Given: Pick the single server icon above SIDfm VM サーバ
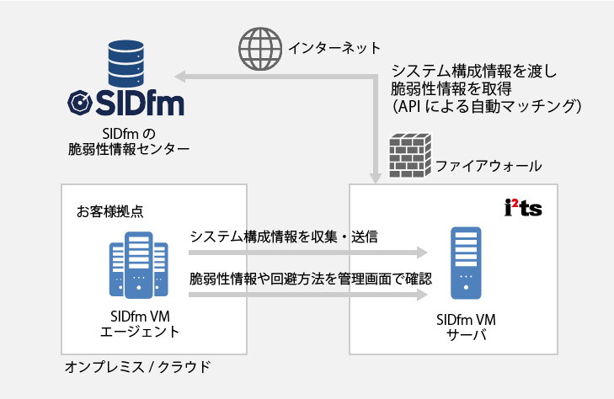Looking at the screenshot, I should coord(466,263).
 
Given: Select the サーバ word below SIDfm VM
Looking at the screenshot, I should coord(465,336).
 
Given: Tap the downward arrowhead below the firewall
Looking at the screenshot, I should coord(374,177).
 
